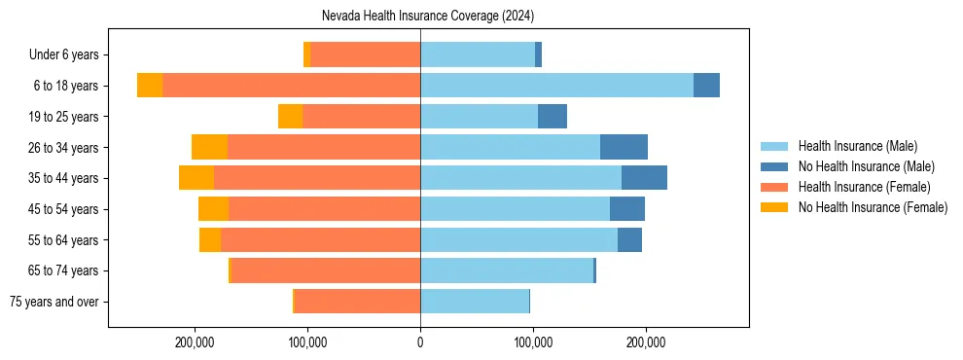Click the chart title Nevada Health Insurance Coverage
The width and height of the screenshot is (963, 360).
pos(428,17)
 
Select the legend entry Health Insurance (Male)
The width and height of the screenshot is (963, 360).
pos(857,146)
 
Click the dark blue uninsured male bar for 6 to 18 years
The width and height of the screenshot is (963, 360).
pos(706,86)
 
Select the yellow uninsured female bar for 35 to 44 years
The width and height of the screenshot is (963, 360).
pos(196,178)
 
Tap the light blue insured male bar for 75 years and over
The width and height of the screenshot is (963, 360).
pos(475,302)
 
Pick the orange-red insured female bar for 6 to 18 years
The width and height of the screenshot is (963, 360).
pos(291,86)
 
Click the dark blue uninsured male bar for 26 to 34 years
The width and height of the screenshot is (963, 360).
pos(624,147)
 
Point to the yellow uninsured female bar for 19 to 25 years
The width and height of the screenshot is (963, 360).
pos(290,117)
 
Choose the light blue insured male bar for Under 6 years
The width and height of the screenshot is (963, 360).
pos(478,54)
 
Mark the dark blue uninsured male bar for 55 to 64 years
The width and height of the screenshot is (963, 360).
pos(629,239)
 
